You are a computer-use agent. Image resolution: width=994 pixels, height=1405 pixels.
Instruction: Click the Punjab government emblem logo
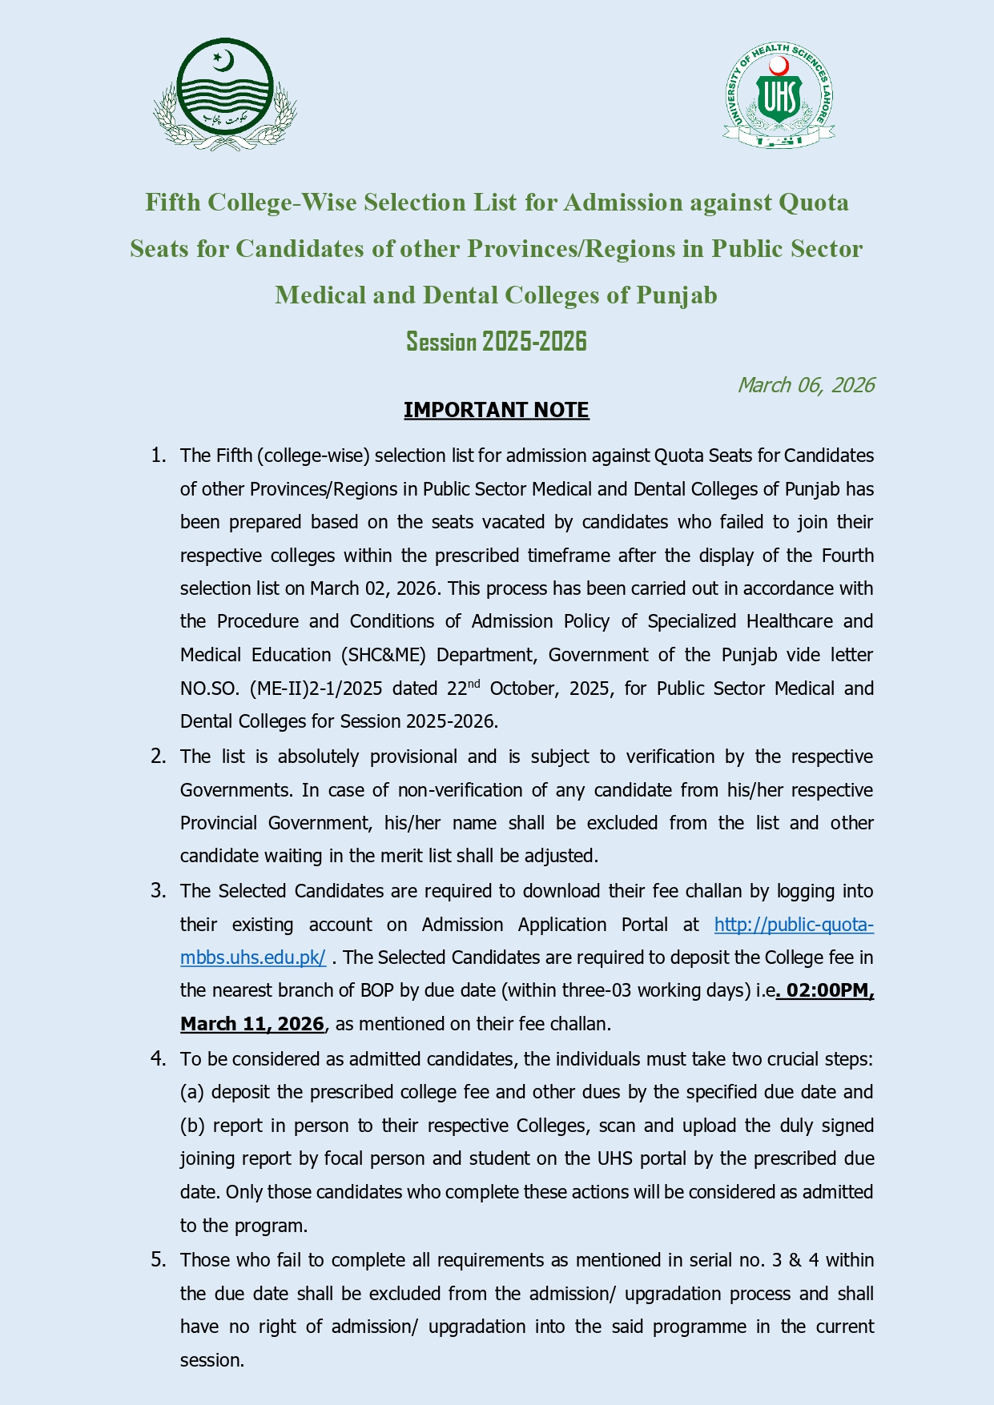coord(225,94)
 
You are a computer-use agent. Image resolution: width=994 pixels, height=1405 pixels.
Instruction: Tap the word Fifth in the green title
coord(172,203)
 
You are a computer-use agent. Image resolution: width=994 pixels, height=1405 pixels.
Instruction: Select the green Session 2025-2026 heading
coord(497,342)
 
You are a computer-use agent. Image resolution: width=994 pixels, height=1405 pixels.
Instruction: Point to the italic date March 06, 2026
coord(806,385)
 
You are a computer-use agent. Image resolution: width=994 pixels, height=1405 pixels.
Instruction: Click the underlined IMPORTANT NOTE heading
coord(497,410)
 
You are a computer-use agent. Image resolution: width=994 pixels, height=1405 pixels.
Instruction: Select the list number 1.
coord(158,456)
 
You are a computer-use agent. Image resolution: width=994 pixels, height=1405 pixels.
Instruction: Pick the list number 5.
coord(158,1260)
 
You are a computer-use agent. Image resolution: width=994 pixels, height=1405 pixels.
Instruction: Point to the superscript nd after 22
coord(474,683)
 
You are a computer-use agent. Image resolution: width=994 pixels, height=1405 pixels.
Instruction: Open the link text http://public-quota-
coord(794,925)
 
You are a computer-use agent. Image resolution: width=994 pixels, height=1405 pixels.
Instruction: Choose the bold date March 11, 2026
coord(252,1024)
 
